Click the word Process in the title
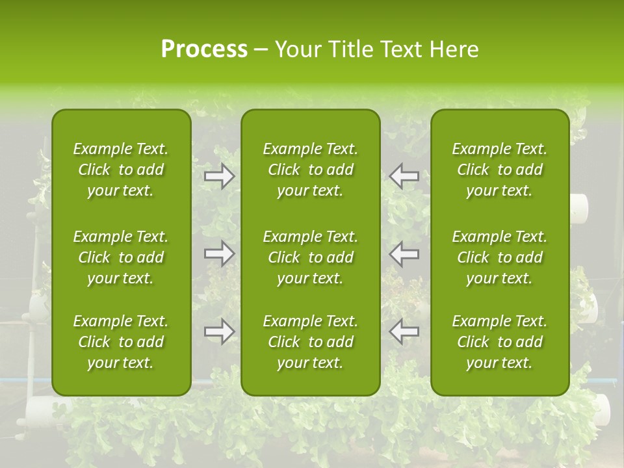(204, 49)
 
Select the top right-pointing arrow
(219, 176)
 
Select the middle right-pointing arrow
(219, 253)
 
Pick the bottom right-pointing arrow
(219, 331)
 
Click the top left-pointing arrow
(404, 176)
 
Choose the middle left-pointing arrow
(404, 253)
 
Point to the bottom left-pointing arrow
(404, 331)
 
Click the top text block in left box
(121, 170)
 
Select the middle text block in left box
(121, 257)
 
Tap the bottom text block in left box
(121, 342)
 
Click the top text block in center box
(310, 170)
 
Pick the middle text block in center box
(310, 257)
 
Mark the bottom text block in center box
(310, 342)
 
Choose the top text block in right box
(499, 170)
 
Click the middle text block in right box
(499, 257)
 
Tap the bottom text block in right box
(499, 342)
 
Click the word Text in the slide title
(402, 49)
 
